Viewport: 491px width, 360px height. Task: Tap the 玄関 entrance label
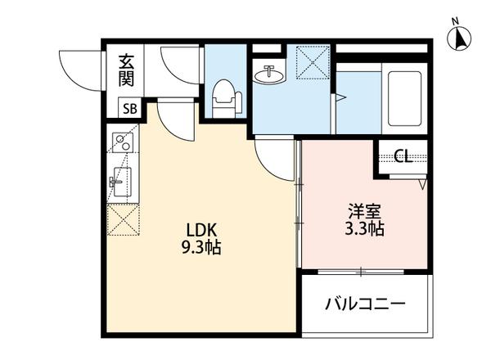pyautogui.click(x=128, y=70)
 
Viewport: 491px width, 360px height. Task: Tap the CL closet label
pyautogui.click(x=403, y=157)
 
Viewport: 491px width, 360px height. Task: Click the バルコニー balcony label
pyautogui.click(x=366, y=305)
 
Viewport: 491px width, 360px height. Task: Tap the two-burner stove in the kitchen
pyautogui.click(x=121, y=143)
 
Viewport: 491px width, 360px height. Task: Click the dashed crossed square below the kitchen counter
pyautogui.click(x=121, y=218)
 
